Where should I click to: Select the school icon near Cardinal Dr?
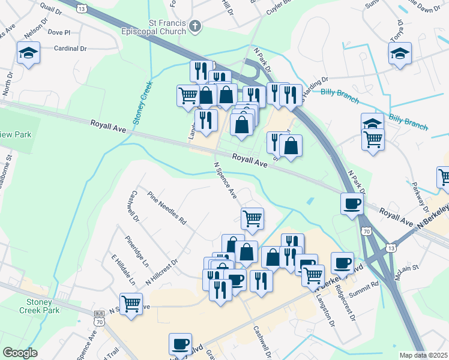click(x=28, y=53)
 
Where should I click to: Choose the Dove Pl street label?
click(x=59, y=32)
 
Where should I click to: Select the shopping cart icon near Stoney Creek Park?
click(x=131, y=302)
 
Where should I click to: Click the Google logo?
click(x=20, y=353)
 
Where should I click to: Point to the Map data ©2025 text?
click(x=423, y=355)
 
